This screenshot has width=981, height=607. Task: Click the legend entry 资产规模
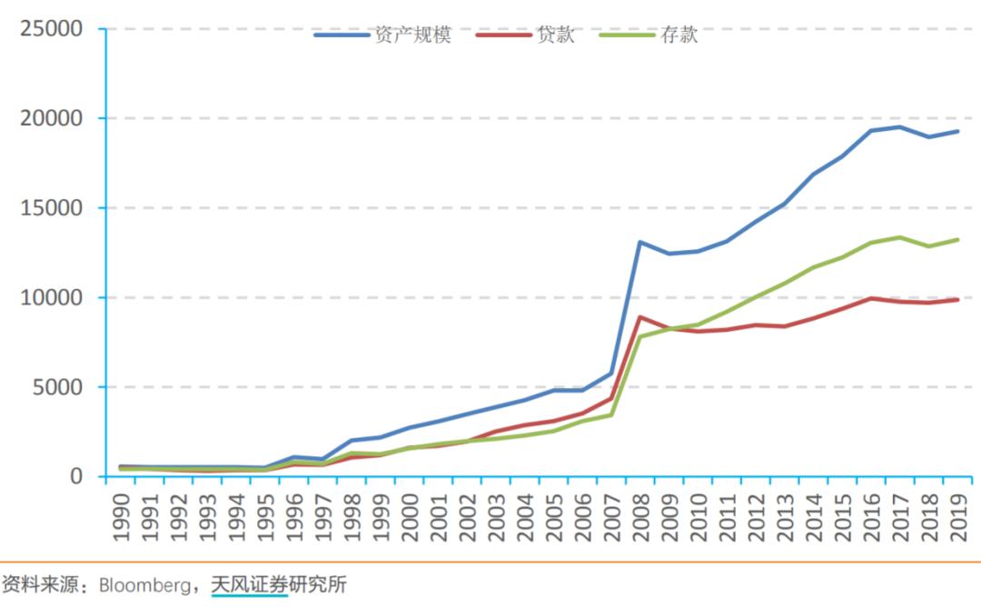click(381, 35)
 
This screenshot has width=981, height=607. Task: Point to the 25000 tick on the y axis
click(51, 29)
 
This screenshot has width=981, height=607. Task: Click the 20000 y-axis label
click(51, 119)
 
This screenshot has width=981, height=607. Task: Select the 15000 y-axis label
click(51, 208)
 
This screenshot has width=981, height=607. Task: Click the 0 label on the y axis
click(75, 476)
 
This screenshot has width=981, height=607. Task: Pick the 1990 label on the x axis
click(121, 515)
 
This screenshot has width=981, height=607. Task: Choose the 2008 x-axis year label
click(641, 515)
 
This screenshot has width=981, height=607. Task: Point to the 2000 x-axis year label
click(410, 515)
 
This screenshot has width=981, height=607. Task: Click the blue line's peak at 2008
click(640, 242)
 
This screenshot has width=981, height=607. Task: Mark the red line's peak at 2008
click(640, 317)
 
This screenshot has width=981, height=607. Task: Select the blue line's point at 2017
click(900, 126)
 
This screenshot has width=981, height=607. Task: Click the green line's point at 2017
click(900, 237)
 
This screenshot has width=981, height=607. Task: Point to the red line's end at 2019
click(958, 299)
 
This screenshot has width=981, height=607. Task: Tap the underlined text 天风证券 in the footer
click(249, 584)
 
